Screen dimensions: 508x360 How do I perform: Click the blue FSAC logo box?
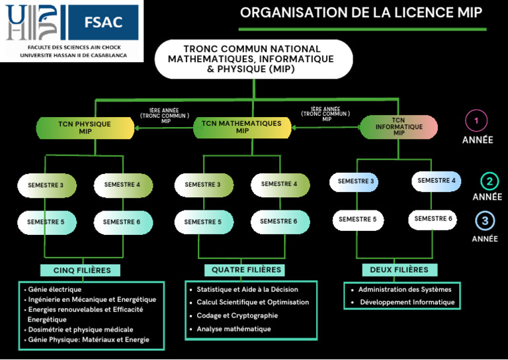(x=104, y=22)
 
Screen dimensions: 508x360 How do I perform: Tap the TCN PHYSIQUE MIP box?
(x=85, y=128)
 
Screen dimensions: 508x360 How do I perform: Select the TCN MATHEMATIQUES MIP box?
(x=242, y=127)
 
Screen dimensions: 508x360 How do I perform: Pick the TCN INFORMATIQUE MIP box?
(x=399, y=126)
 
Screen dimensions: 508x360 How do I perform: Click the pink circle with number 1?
(x=476, y=121)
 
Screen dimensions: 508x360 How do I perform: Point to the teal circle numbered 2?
(x=489, y=181)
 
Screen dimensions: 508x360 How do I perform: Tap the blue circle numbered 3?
(x=485, y=221)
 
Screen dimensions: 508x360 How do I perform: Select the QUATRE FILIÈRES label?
(x=245, y=270)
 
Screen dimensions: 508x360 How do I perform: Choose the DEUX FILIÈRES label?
(x=400, y=269)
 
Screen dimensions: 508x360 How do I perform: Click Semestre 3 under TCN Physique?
(x=47, y=185)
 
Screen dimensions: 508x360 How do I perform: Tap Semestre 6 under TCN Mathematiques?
(x=280, y=222)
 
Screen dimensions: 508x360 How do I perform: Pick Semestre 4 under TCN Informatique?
(x=436, y=181)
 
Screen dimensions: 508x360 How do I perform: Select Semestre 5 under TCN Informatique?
(x=358, y=220)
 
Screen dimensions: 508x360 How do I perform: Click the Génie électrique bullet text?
(x=55, y=289)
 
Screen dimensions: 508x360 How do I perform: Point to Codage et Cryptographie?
(x=237, y=316)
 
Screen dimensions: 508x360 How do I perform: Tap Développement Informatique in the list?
(x=407, y=302)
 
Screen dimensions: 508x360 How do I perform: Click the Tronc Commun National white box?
(x=254, y=59)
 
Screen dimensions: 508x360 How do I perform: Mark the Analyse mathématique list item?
(x=233, y=329)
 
